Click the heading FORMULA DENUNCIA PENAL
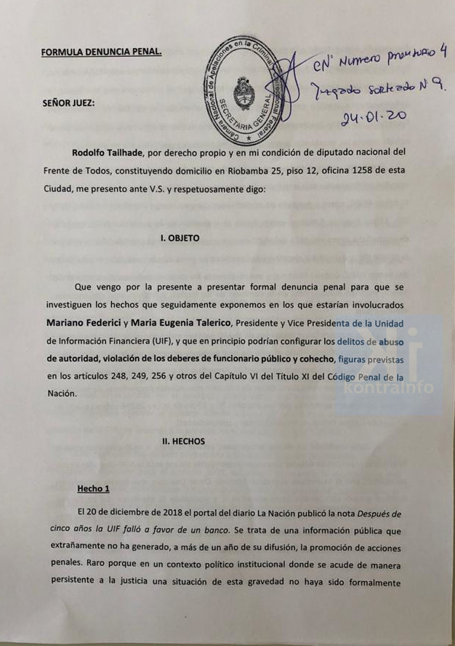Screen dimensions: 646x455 tap(101, 52)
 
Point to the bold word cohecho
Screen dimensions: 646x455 tap(314, 358)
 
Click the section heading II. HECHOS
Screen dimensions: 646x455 tap(183, 441)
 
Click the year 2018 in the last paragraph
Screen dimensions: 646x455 tap(184, 514)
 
